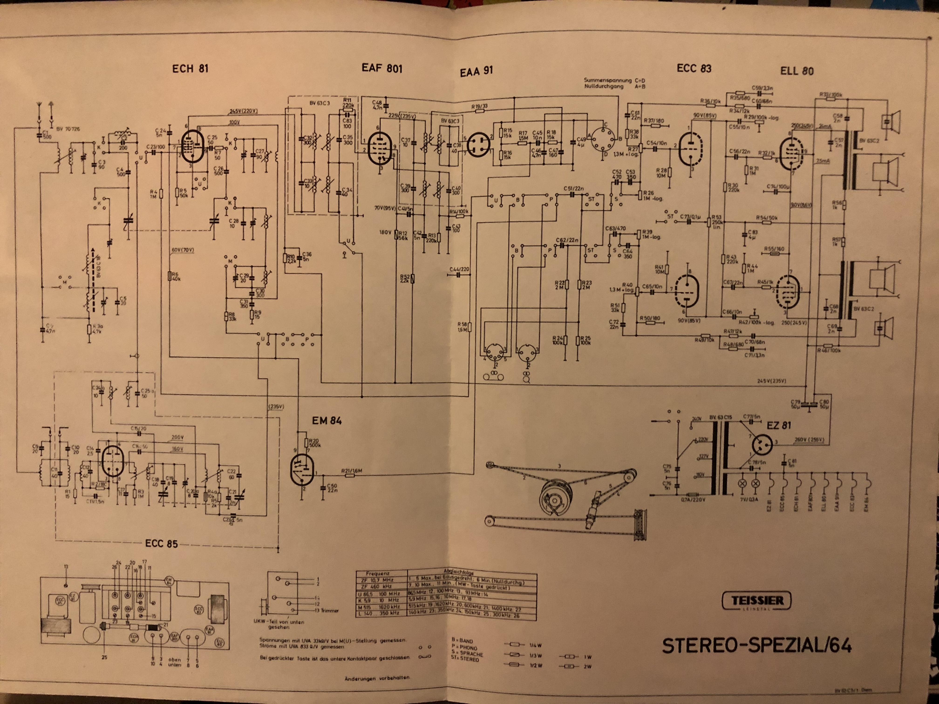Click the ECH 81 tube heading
190,69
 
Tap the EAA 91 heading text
476,71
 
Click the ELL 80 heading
797,71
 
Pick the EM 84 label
327,420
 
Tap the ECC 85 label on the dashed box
161,544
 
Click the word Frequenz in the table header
378,573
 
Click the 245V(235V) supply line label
771,381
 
